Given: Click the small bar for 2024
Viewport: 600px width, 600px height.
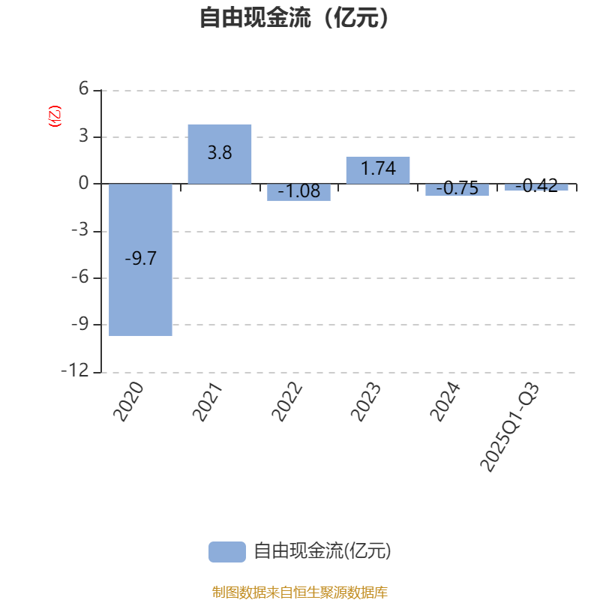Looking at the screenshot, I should tap(457, 190).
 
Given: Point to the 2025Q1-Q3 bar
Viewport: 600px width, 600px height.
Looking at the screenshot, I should tap(535, 187).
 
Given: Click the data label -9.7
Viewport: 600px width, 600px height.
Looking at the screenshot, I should tap(140, 259).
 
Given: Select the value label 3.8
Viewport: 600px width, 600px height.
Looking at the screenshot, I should tap(220, 153).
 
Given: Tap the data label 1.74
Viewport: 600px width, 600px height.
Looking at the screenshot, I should tap(378, 169).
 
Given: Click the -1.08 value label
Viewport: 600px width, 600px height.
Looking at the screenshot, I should tap(298, 192).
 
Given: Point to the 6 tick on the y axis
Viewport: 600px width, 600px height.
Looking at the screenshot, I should tap(83, 90).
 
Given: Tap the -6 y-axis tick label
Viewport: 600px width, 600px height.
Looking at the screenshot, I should tap(79, 277).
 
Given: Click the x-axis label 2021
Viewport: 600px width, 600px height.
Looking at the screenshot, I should tap(209, 402).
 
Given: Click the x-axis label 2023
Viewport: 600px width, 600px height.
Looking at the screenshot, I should tap(367, 402).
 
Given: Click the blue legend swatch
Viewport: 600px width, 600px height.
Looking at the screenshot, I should tap(226, 551).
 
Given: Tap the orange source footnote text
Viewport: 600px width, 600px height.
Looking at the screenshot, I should tap(300, 592).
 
